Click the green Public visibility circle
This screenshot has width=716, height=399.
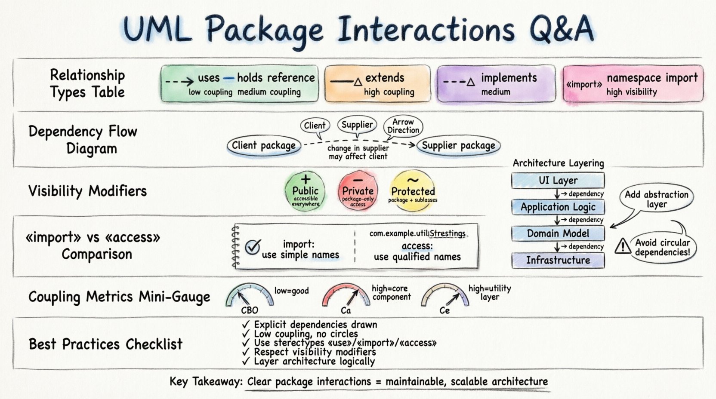305,191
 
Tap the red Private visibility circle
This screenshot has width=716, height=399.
358,191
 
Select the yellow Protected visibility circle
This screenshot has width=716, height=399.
413,191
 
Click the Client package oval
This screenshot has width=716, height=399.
263,146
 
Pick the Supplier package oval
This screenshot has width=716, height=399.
458,146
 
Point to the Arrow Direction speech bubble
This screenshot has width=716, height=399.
403,126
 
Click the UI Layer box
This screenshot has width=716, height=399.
558,181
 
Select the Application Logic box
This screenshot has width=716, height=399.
558,207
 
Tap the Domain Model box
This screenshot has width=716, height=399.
558,233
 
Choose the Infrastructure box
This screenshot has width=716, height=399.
558,260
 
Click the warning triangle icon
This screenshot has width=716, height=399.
622,246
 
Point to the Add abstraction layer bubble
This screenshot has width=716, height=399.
656,199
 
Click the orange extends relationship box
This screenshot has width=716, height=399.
377,84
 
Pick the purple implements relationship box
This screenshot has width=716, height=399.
496,84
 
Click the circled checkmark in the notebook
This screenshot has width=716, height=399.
253,247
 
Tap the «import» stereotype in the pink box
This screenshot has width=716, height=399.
584,84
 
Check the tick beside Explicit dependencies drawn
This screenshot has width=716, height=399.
246,324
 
